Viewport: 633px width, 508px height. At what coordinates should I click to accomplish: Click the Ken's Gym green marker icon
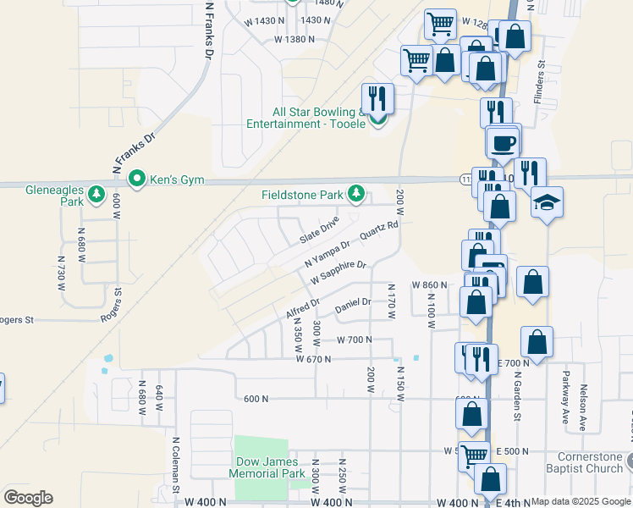[x=136, y=179]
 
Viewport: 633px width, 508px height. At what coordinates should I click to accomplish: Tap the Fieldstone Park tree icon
[x=356, y=195]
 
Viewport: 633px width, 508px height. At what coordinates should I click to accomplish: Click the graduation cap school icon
[x=548, y=203]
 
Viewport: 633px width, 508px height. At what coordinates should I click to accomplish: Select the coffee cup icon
[x=503, y=141]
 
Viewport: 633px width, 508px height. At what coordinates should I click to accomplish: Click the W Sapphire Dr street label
[x=338, y=273]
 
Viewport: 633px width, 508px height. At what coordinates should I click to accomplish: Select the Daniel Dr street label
[x=353, y=302]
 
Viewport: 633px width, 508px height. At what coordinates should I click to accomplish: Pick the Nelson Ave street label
[x=584, y=408]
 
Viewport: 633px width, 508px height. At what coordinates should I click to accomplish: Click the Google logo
[x=28, y=498]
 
